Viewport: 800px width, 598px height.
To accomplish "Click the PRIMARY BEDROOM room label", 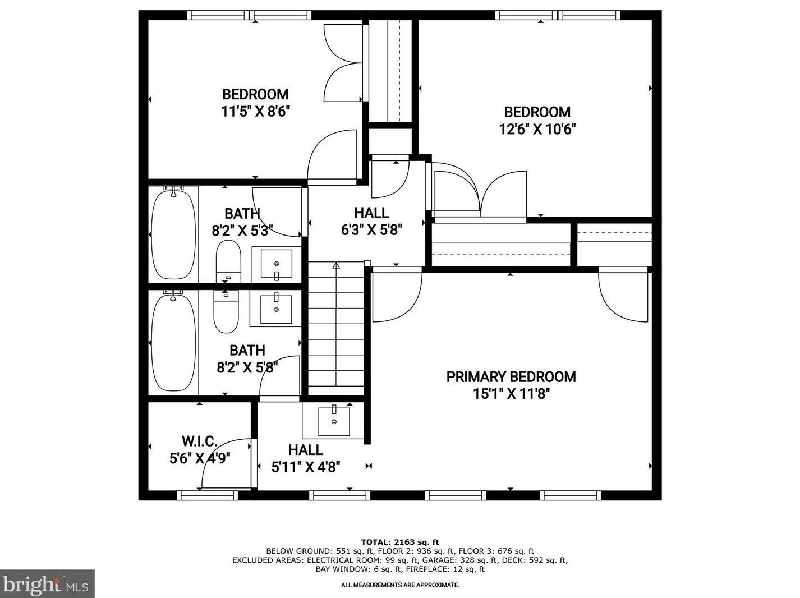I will (x=511, y=376).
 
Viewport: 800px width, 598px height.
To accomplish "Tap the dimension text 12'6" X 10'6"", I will (x=537, y=130).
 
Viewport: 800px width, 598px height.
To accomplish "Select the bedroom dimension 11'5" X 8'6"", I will (x=255, y=112).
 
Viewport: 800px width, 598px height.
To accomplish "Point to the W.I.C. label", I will (x=199, y=441).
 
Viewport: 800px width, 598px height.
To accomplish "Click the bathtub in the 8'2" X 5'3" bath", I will (x=173, y=234).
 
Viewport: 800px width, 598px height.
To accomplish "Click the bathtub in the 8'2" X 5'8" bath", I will (x=173, y=342).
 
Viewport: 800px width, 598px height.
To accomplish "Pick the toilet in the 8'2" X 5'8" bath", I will (x=226, y=311).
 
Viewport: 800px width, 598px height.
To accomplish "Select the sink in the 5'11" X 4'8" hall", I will (x=334, y=421).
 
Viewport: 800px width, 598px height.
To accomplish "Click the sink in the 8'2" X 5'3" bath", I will (x=276, y=264).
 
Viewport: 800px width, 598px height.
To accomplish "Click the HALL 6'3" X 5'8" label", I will (x=371, y=221).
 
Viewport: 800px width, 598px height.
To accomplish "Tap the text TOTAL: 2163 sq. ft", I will (x=399, y=542).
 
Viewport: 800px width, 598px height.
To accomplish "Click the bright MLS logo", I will (x=47, y=584).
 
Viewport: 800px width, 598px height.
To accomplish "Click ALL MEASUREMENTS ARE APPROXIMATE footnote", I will (x=400, y=585).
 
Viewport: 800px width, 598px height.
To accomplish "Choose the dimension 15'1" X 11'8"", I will (x=511, y=394).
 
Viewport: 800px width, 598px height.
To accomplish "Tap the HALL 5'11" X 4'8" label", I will (x=306, y=458).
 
